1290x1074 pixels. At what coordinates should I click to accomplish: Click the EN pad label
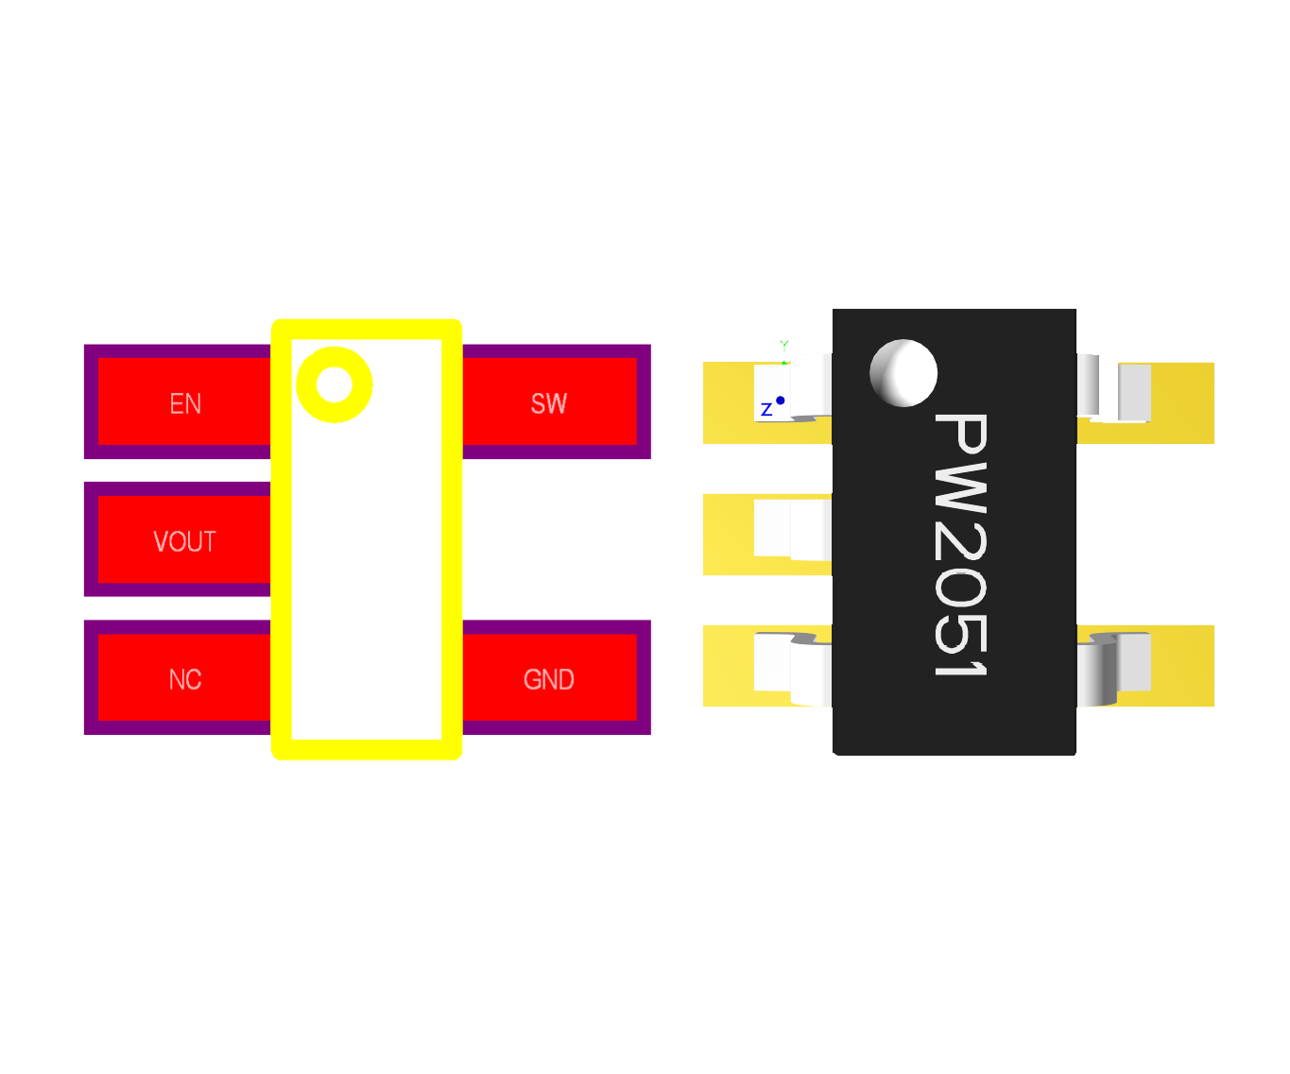[185, 404]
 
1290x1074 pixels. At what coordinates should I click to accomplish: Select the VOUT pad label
[184, 541]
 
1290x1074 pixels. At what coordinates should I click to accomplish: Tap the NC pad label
[185, 679]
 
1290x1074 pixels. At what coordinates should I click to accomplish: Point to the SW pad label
[549, 404]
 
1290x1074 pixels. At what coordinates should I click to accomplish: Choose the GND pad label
[548, 679]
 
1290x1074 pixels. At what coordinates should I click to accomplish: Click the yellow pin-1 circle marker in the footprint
[334, 384]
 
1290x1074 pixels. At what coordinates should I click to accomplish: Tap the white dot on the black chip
[903, 373]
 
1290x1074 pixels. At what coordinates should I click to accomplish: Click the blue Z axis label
[766, 410]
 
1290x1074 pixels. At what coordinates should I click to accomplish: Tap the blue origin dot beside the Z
[781, 401]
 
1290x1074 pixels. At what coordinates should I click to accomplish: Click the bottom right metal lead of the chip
[1115, 666]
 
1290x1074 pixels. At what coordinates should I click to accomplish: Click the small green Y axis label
[784, 345]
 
